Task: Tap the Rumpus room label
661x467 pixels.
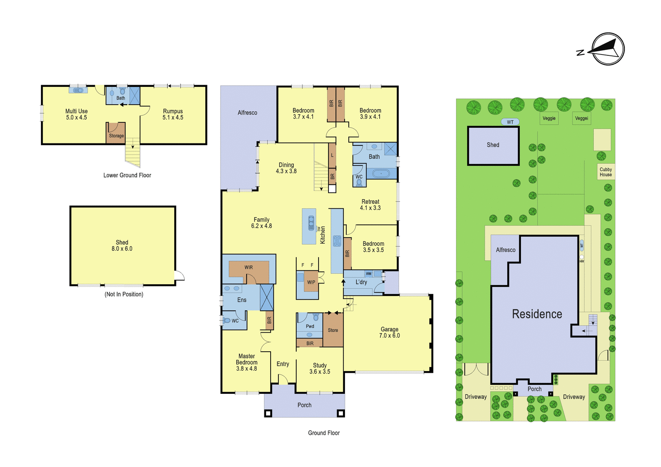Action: pos(173,111)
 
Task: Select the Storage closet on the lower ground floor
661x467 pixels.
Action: pos(116,133)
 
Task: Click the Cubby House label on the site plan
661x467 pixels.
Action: pos(606,172)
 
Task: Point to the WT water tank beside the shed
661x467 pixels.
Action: pos(510,122)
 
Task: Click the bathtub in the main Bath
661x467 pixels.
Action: pos(381,173)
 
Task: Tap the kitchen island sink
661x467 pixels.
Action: pos(311,223)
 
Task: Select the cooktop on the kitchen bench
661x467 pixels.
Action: pos(337,241)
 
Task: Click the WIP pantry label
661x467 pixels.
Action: pos(311,282)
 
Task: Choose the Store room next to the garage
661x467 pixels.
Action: pos(333,330)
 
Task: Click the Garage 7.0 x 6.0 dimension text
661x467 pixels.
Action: pos(390,336)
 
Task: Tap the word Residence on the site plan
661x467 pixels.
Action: pos(537,314)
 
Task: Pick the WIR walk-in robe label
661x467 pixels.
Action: pos(248,267)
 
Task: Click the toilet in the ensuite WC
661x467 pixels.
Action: pos(227,320)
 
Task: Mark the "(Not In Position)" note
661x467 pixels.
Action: pos(124,294)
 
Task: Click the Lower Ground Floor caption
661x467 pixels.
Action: pos(127,175)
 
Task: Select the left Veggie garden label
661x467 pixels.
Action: pos(549,118)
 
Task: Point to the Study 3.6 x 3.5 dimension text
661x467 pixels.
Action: pos(320,372)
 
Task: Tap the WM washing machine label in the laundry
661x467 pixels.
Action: pos(369,274)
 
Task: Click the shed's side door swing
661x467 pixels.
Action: pos(180,275)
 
